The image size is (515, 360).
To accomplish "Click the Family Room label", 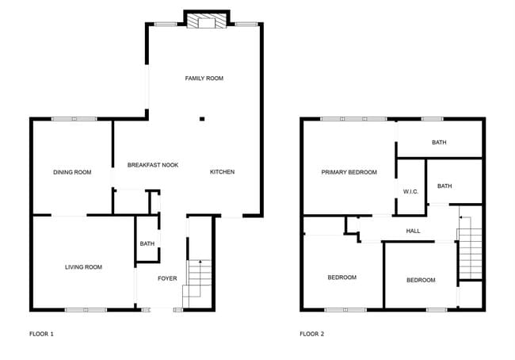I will click(x=204, y=79).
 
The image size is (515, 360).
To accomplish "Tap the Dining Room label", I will click(x=72, y=172).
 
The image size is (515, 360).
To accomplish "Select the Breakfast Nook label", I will click(x=153, y=165).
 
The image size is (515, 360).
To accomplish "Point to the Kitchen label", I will click(x=222, y=172).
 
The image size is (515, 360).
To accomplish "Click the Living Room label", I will click(x=84, y=267).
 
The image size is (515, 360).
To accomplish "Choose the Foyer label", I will click(x=167, y=278).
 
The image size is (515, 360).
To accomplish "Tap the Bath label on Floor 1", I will click(x=147, y=243).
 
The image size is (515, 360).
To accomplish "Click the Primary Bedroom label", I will click(x=349, y=172).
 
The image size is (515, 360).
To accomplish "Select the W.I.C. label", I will click(x=410, y=191).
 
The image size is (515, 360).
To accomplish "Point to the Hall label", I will click(x=413, y=231).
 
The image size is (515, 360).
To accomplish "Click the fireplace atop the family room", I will click(x=206, y=21).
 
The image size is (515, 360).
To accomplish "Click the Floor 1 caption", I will click(x=41, y=334).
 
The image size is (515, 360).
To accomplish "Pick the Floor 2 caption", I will click(x=311, y=334).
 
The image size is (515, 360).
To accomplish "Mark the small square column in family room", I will click(x=201, y=120).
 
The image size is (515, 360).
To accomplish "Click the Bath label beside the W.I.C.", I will click(x=444, y=186).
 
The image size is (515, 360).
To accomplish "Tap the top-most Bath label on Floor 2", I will click(x=439, y=143).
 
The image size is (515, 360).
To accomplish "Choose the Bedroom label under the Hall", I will click(x=421, y=280).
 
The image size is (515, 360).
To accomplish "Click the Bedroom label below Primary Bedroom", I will click(x=342, y=278).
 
